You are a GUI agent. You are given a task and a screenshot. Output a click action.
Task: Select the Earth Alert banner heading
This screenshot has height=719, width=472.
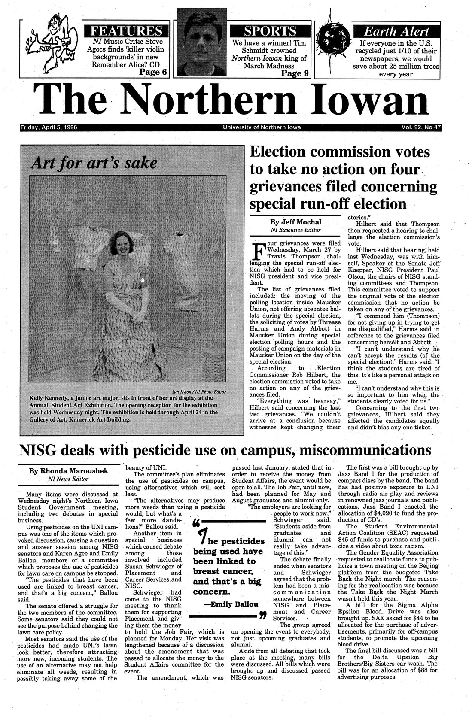click(396, 31)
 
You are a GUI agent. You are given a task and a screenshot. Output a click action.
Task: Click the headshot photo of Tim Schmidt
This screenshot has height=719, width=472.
click(200, 49)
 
